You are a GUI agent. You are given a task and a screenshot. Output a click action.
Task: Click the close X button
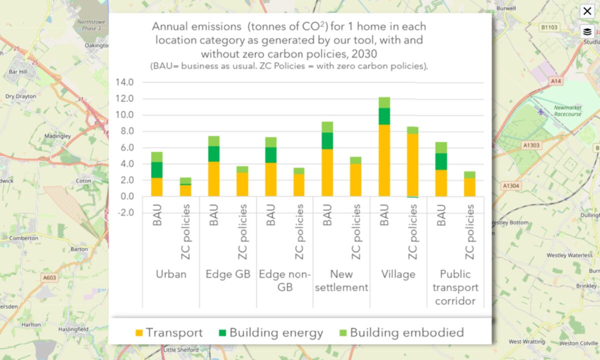point(587,11)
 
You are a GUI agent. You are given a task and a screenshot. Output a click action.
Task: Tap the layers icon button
point(587,31)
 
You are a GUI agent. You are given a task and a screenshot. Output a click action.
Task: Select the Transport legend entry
point(169,332)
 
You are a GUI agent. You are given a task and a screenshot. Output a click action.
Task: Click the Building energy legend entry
point(270,332)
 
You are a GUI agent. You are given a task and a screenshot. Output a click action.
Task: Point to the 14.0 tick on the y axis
point(124,82)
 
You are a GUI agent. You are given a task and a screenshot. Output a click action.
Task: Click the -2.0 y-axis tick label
point(124,212)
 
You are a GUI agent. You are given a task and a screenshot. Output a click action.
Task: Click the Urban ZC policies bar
point(185,187)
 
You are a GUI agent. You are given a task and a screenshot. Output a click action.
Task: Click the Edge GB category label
point(228,274)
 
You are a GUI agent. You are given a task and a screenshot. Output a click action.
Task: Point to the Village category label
point(398,274)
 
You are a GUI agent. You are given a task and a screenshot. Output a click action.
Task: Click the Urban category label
point(171,274)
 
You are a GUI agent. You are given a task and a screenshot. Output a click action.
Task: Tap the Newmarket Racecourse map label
point(567,110)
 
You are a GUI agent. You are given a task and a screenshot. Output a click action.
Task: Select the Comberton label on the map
point(23,238)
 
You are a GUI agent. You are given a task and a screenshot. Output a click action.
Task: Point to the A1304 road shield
point(510,185)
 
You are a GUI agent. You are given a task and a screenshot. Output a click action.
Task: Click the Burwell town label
point(506,9)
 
